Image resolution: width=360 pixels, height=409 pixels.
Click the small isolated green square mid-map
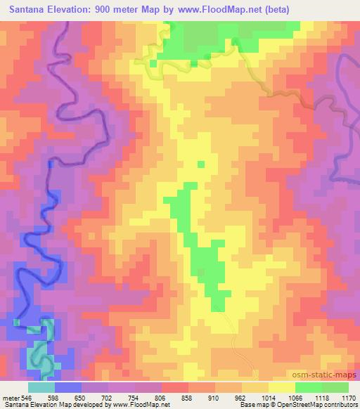coord(201,164)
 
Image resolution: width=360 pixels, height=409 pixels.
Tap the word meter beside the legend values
coord(12,397)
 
